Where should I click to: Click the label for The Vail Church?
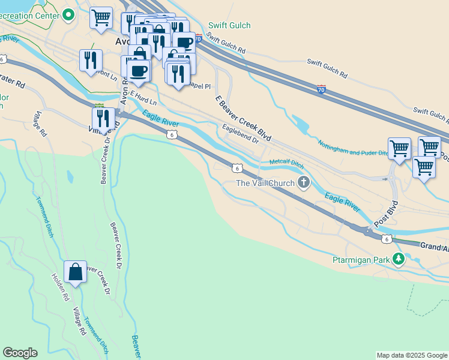pyautogui.click(x=265, y=183)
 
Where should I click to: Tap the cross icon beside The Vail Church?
pyautogui.click(x=304, y=182)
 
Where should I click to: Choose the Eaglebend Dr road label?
pyautogui.click(x=240, y=133)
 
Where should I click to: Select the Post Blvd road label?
pyautogui.click(x=386, y=214)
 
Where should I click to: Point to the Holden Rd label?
pyautogui.click(x=60, y=287)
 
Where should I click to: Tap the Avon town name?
pyautogui.click(x=122, y=42)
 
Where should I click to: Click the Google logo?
pyautogui.click(x=20, y=353)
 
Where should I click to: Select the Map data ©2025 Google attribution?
pyautogui.click(x=411, y=355)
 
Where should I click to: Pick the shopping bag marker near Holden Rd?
pyautogui.click(x=76, y=272)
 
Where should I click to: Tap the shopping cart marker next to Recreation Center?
pyautogui.click(x=101, y=17)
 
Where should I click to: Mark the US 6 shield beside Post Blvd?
pyautogui.click(x=387, y=239)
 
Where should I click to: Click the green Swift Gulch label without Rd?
pyautogui.click(x=229, y=26)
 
